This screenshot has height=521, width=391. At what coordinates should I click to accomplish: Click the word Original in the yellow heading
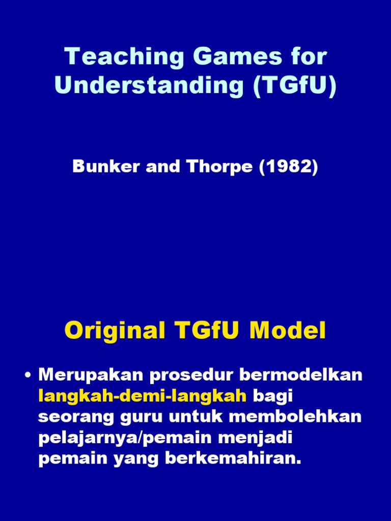[x=115, y=332]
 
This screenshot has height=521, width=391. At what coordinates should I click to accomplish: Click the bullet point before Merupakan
[x=29, y=376]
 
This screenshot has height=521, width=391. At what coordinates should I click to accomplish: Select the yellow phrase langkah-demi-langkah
[x=143, y=396]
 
